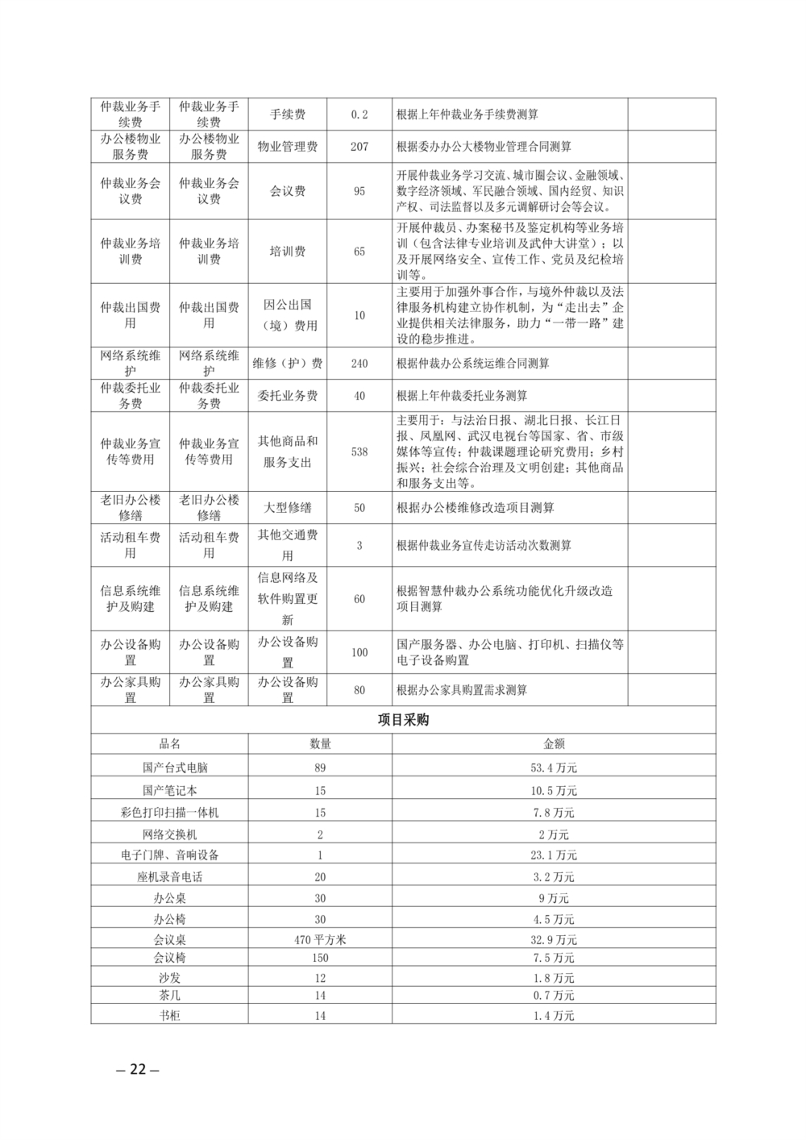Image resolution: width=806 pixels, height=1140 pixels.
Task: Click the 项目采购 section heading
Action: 403,720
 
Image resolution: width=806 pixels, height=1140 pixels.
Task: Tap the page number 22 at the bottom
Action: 138,1069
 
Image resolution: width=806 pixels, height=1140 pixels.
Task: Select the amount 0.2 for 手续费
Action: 359,114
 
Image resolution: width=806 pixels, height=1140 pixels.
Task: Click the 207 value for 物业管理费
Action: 359,147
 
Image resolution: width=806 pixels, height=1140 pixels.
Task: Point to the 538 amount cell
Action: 359,451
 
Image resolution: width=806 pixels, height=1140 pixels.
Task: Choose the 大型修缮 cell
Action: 288,508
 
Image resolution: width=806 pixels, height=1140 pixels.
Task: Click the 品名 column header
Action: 169,744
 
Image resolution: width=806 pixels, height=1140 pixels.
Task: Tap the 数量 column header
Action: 320,744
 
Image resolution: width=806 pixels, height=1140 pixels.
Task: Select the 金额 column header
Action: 554,744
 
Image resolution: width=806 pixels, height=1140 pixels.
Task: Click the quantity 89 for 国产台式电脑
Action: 320,768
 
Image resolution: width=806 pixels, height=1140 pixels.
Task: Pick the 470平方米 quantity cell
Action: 320,939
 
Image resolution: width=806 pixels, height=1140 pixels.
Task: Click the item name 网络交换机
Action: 169,834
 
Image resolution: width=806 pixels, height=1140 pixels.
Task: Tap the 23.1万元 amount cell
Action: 554,855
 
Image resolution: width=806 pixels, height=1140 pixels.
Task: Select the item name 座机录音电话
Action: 169,876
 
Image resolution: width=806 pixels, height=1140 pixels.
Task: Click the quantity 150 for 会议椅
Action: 320,958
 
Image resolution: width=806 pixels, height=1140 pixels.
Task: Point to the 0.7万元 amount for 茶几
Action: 554,996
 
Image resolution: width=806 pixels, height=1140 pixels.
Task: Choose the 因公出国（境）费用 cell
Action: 288,315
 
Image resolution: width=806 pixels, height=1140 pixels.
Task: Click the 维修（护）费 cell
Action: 288,364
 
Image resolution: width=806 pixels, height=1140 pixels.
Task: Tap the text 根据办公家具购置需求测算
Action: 462,690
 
